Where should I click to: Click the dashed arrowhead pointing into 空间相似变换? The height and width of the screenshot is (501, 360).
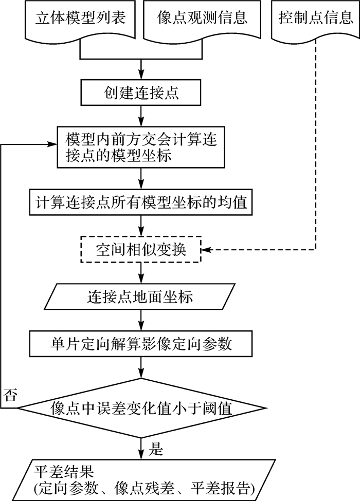point(207,250)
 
